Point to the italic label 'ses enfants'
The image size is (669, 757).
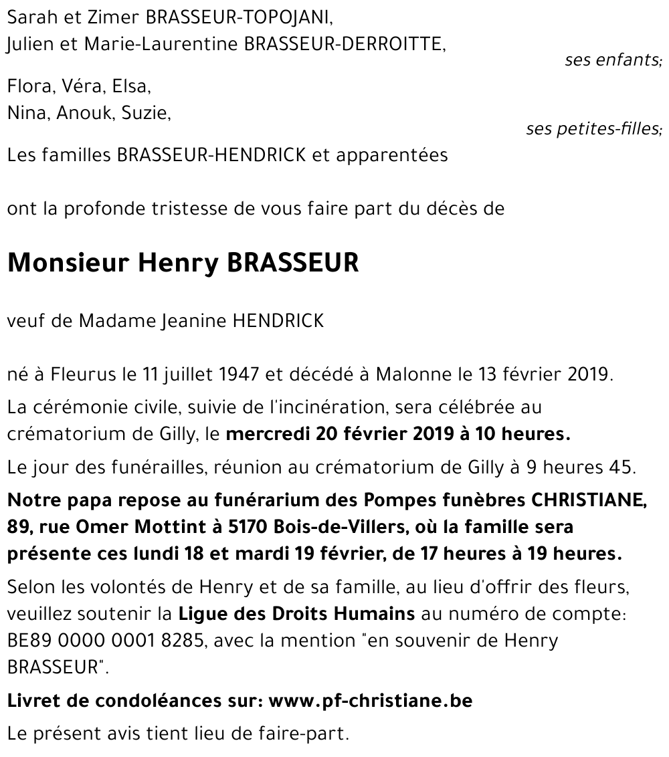(x=612, y=60)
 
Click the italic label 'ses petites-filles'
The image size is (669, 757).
(x=593, y=129)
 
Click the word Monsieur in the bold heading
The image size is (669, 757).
(x=67, y=263)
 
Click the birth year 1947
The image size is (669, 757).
(x=237, y=374)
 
